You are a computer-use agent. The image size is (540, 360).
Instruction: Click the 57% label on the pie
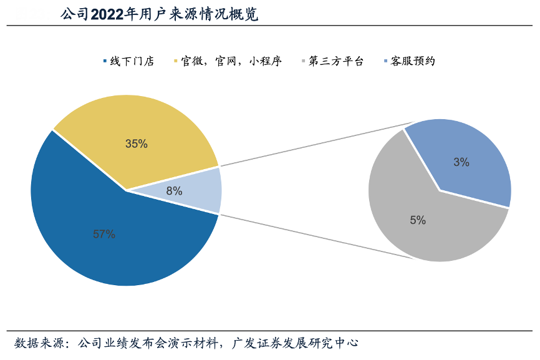pyautogui.click(x=104, y=234)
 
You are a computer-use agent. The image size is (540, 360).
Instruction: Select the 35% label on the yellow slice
pyautogui.click(x=136, y=144)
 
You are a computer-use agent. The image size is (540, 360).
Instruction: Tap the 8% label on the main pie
pyautogui.click(x=174, y=191)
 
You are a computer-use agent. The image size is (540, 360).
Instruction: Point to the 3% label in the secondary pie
pyautogui.click(x=461, y=162)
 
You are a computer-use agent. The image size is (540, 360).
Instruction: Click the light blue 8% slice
pyautogui.click(x=200, y=190)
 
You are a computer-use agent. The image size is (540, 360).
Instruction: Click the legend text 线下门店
pyautogui.click(x=132, y=61)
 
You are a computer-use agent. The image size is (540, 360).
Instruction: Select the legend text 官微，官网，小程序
pyautogui.click(x=231, y=61)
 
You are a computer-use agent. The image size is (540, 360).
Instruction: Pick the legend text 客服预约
pyautogui.click(x=412, y=61)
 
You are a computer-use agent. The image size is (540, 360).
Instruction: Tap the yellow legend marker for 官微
pyautogui.click(x=176, y=61)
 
